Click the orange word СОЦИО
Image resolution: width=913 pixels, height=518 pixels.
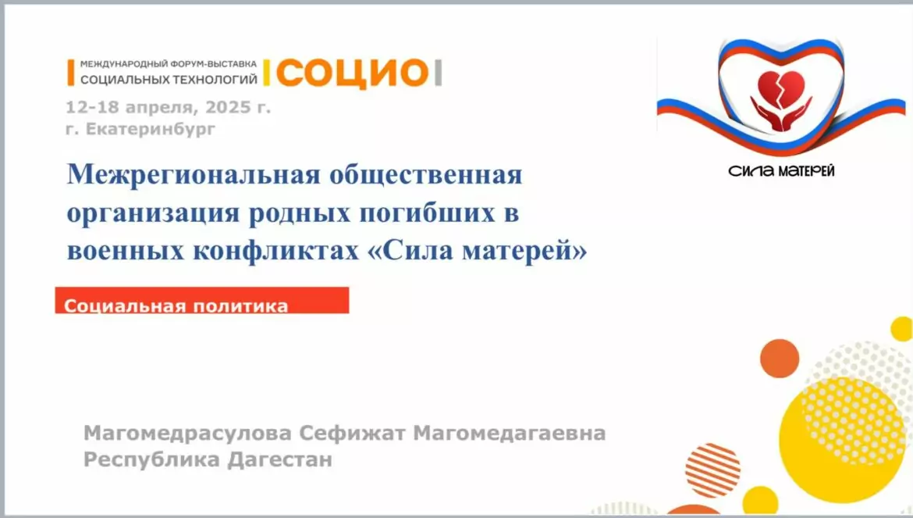tap(352, 73)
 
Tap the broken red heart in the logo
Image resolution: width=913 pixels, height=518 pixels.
tap(781, 87)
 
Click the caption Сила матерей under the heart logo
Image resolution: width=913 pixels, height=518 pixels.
tap(781, 171)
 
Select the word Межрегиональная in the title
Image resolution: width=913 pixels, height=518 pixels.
tap(193, 175)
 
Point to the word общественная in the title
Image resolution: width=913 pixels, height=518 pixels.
tap(425, 175)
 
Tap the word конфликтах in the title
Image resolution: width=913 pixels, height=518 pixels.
tap(276, 251)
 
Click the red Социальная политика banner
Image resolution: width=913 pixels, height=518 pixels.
tap(202, 300)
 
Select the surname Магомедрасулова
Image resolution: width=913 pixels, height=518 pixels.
tap(187, 434)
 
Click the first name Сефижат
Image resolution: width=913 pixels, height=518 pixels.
tap(352, 434)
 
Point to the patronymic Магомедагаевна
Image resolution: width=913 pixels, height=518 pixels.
tap(510, 434)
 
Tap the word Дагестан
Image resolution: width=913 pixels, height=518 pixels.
tap(280, 459)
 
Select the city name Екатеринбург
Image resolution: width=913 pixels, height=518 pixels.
tap(151, 129)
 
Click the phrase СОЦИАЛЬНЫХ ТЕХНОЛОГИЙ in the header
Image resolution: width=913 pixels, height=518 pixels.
tap(169, 79)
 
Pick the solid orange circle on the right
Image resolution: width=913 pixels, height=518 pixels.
tap(780, 359)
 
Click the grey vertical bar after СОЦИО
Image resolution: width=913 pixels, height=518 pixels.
tap(439, 73)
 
